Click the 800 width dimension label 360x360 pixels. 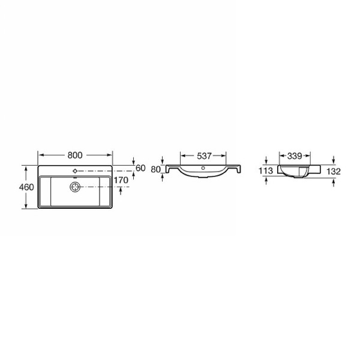click(x=75, y=155)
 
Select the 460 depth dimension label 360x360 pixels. click(x=26, y=187)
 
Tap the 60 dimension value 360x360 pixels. click(x=140, y=168)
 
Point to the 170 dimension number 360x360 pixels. click(x=121, y=180)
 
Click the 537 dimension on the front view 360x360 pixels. click(x=204, y=156)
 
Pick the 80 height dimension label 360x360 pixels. click(x=155, y=169)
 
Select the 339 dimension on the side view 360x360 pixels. click(x=295, y=156)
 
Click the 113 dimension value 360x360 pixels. click(x=266, y=171)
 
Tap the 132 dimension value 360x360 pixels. click(x=334, y=172)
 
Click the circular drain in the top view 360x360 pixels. click(x=75, y=187)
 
